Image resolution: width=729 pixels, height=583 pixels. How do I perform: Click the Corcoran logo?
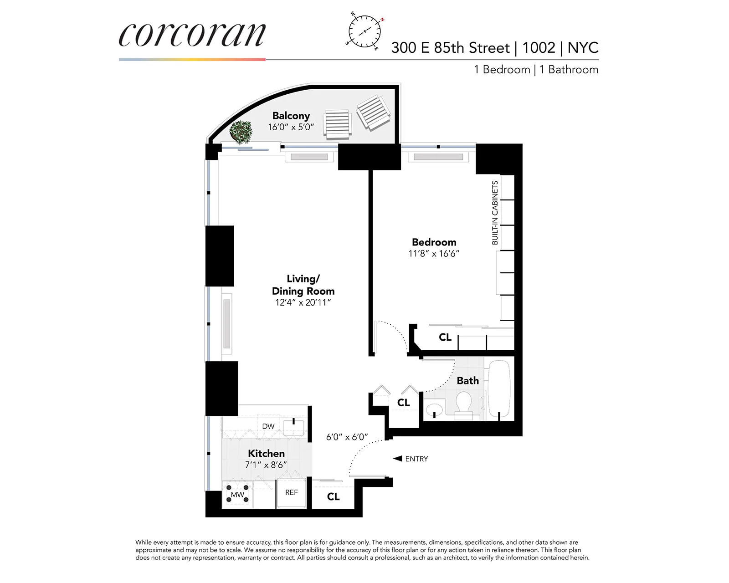pyautogui.click(x=192, y=35)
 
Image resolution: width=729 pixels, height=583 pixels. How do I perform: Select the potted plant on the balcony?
pyautogui.click(x=241, y=132)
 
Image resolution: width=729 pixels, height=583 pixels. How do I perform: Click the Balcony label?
pyautogui.click(x=291, y=116)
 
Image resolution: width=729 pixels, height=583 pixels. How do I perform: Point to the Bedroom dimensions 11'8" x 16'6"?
pyautogui.click(x=434, y=254)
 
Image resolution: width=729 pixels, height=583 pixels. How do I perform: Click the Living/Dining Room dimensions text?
pyautogui.click(x=303, y=302)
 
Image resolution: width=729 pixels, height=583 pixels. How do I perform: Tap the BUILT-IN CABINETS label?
pyautogui.click(x=495, y=213)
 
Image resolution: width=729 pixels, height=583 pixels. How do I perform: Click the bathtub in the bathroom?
pyautogui.click(x=500, y=389)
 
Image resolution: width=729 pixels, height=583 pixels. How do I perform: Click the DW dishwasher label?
pyautogui.click(x=268, y=426)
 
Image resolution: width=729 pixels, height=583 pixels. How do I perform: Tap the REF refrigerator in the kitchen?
pyautogui.click(x=292, y=492)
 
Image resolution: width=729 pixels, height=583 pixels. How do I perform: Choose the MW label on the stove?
pyautogui.click(x=237, y=495)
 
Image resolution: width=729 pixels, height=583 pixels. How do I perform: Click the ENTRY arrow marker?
pyautogui.click(x=398, y=458)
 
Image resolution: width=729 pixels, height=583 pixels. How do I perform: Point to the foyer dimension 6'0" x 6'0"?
pyautogui.click(x=347, y=437)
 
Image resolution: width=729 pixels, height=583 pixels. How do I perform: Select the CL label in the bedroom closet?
pyautogui.click(x=445, y=337)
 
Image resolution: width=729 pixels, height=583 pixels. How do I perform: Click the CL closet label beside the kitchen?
pyautogui.click(x=333, y=496)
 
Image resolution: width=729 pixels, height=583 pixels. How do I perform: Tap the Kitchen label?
pyautogui.click(x=266, y=453)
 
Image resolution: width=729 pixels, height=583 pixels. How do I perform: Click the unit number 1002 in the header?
pyautogui.click(x=539, y=48)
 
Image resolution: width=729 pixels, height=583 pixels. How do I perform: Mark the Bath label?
pyautogui.click(x=468, y=380)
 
